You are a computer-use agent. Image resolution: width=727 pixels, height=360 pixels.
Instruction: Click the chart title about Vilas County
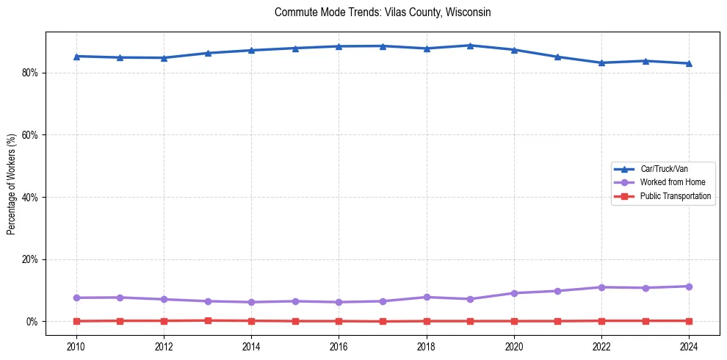pyautogui.click(x=382, y=12)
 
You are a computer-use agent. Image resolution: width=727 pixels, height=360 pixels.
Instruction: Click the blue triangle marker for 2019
pyautogui.click(x=470, y=46)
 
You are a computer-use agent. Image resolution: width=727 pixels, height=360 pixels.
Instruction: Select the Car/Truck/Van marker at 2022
pyautogui.click(x=601, y=62)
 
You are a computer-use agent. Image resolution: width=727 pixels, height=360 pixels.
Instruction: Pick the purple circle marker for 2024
pyautogui.click(x=689, y=287)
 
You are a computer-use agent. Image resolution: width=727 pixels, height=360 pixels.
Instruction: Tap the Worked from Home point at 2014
pyautogui.click(x=251, y=302)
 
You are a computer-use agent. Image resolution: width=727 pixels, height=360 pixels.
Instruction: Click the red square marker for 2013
pyautogui.click(x=208, y=320)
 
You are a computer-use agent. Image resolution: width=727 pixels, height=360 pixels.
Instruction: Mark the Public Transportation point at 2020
pyautogui.click(x=514, y=321)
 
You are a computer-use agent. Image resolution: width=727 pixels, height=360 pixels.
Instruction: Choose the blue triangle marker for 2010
pyautogui.click(x=76, y=56)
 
